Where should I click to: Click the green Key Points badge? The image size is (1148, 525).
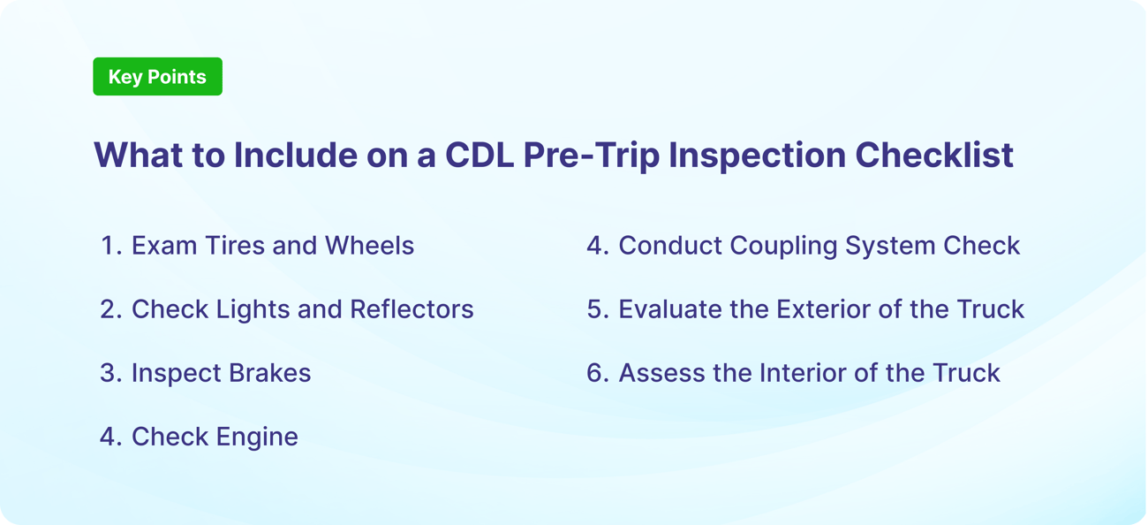pyautogui.click(x=157, y=77)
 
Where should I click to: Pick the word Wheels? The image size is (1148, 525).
pyautogui.click(x=369, y=246)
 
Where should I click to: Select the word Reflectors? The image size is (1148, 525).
pyautogui.click(x=412, y=309)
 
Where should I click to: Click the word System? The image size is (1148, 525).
pyautogui.click(x=891, y=246)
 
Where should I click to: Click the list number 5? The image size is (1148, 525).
pyautogui.click(x=596, y=309)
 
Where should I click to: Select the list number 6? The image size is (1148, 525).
pyautogui.click(x=596, y=373)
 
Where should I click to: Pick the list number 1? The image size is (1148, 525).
pyautogui.click(x=109, y=246)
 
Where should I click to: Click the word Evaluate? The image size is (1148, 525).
pyautogui.click(x=671, y=309)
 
